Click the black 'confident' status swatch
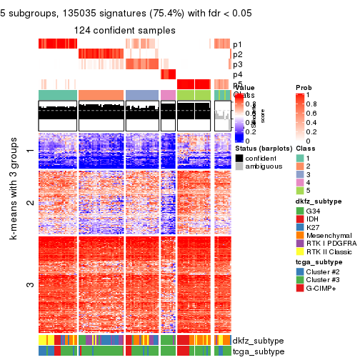(240, 157)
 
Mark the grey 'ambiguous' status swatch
(240, 166)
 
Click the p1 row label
(237, 44)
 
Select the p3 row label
(237, 64)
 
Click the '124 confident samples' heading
(125, 30)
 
